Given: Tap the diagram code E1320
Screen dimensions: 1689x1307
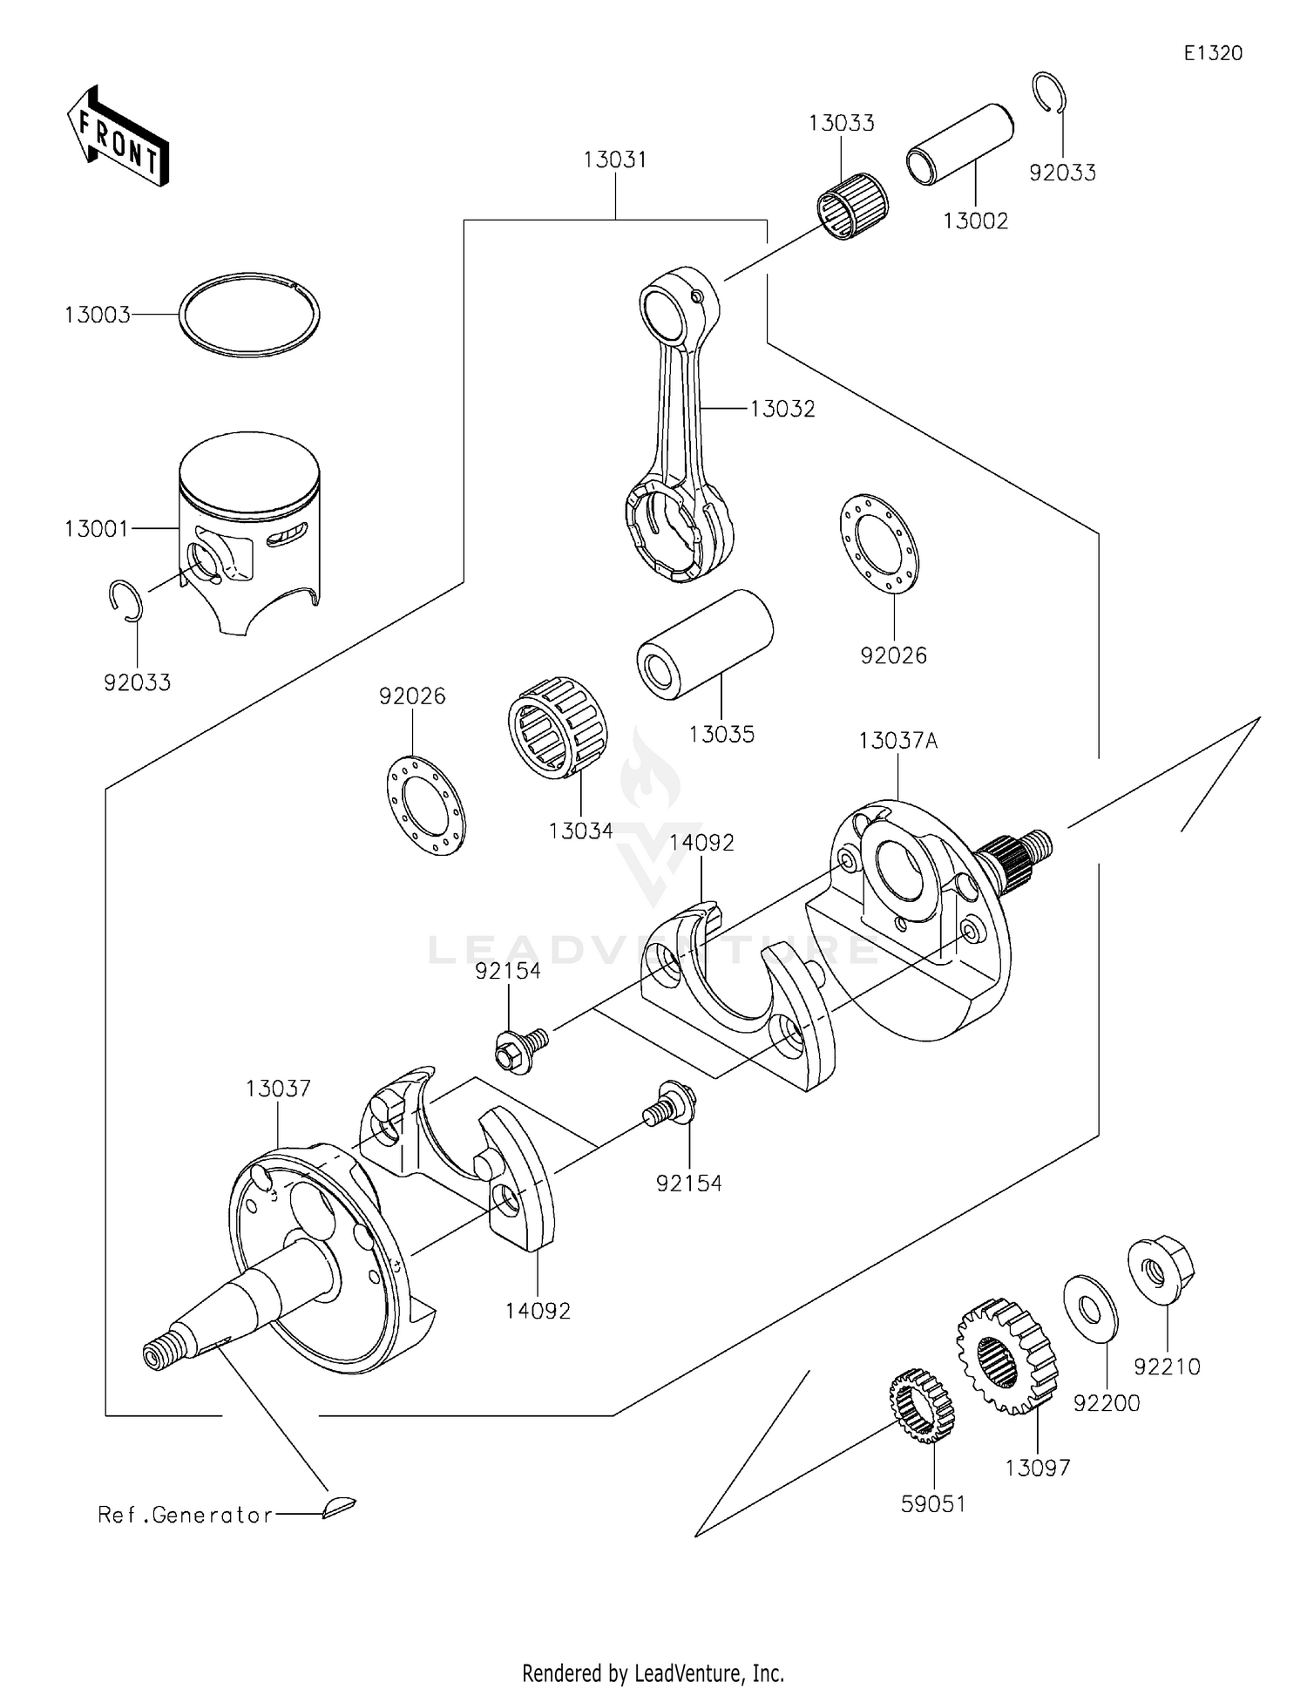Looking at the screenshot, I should pos(1212,53).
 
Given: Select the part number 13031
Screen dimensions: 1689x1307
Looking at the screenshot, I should pos(615,160).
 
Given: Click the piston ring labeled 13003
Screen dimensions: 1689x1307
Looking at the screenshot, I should pos(249,315).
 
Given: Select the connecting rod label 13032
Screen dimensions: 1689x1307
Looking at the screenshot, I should pos(782,409).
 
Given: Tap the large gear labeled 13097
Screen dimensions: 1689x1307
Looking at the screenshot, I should pos(1006,1355).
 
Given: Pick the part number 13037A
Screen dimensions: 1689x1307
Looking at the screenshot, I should pos(897,741).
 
